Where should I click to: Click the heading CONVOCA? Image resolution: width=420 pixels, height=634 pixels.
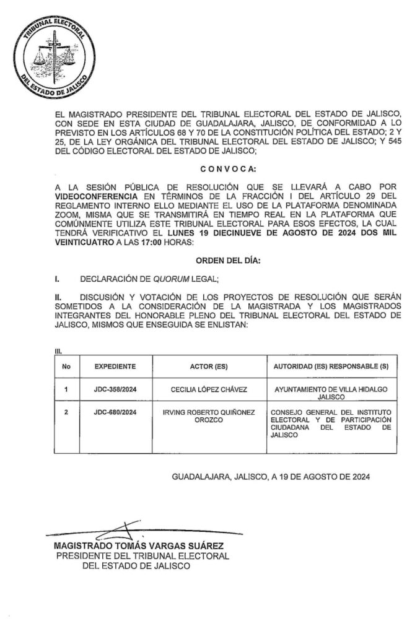click(x=224, y=169)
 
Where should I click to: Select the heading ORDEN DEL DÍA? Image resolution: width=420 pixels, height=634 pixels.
click(x=224, y=262)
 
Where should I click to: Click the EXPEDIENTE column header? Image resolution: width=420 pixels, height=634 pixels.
click(x=115, y=366)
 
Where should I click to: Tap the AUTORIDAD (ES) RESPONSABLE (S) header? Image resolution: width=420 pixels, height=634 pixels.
click(x=331, y=366)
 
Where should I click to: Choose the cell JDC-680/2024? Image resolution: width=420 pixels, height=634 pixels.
click(x=115, y=412)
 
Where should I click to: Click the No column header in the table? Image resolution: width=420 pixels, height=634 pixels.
click(x=66, y=366)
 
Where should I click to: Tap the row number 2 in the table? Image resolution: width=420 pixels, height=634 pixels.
click(x=66, y=412)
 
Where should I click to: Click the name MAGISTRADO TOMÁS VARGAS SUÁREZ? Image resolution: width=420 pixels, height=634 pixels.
click(x=138, y=546)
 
